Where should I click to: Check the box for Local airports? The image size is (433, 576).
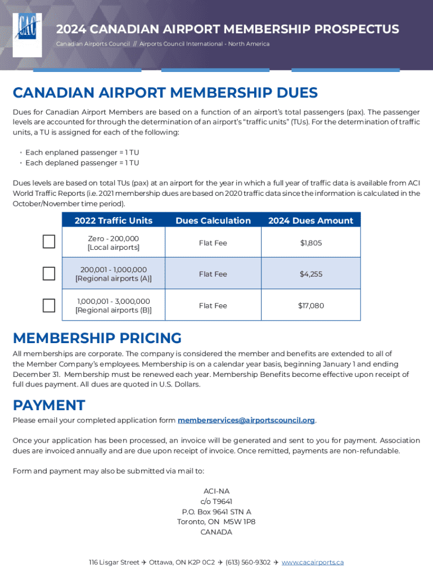click(x=49, y=242)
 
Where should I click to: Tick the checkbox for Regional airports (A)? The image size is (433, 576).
click(x=49, y=273)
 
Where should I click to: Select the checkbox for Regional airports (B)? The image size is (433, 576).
click(x=49, y=305)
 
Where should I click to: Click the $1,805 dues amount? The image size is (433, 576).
click(x=311, y=243)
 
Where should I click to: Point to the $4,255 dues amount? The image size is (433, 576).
click(x=311, y=274)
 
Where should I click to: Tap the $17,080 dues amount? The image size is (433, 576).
click(x=311, y=305)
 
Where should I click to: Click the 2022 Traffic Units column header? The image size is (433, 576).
click(x=114, y=220)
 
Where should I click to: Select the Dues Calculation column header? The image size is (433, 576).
click(x=213, y=220)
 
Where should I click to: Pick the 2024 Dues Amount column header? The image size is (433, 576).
click(x=311, y=220)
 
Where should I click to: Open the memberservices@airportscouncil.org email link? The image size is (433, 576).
click(x=246, y=420)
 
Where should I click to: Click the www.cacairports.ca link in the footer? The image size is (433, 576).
click(x=313, y=562)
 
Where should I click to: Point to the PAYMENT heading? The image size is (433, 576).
click(x=49, y=405)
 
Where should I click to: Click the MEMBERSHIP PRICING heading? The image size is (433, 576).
click(x=97, y=338)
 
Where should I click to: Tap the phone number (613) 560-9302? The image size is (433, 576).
click(x=248, y=562)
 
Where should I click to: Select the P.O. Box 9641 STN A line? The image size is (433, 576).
click(x=216, y=512)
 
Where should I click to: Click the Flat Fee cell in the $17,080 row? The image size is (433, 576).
click(x=213, y=305)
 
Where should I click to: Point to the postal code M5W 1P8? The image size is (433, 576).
click(x=239, y=522)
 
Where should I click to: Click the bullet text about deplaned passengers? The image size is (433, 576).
click(x=82, y=163)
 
